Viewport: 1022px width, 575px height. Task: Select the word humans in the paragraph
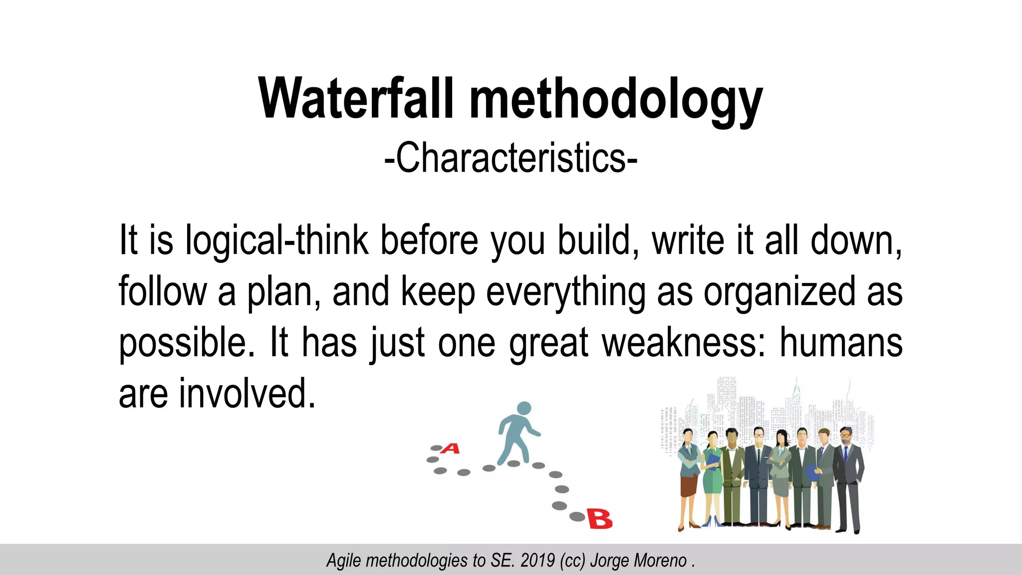[x=841, y=343]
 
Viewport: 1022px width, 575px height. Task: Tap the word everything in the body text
[x=565, y=292]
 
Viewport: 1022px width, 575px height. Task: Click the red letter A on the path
[x=451, y=448]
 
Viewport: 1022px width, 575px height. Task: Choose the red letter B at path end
[x=599, y=519]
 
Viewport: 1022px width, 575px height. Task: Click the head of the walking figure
[x=523, y=408]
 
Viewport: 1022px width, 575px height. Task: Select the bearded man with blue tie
[x=847, y=474]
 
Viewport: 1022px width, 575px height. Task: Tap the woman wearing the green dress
[x=712, y=474]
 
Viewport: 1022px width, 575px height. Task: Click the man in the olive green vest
[x=732, y=474]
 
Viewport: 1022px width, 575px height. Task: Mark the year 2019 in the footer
[x=537, y=561]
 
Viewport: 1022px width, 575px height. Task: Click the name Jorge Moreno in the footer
[x=638, y=561]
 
